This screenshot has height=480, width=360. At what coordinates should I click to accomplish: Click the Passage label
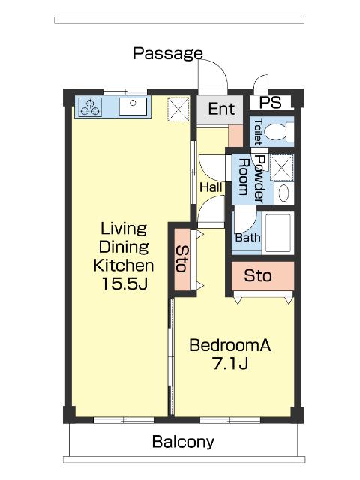168,54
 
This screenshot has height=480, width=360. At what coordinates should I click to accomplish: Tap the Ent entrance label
222,109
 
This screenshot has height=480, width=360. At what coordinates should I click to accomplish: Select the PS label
270,102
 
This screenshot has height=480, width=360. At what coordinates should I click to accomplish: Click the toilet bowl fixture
279,132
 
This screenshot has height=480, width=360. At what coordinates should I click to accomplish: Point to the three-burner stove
90,107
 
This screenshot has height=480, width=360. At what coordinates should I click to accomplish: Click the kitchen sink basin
133,106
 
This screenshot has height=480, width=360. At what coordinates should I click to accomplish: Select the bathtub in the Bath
278,233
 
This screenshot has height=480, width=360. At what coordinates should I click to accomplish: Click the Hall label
211,187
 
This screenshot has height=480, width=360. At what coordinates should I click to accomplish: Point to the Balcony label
183,442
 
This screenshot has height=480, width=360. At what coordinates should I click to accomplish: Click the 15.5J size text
124,283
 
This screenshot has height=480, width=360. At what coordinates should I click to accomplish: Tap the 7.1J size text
230,363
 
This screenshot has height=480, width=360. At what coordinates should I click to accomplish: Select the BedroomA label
230,345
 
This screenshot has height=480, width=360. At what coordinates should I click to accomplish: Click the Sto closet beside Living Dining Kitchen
182,259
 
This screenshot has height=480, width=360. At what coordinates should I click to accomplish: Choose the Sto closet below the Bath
262,275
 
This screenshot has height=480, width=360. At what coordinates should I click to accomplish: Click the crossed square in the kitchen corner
178,109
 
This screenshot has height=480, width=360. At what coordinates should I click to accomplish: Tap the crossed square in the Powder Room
282,167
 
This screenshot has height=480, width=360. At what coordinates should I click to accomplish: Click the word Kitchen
123,265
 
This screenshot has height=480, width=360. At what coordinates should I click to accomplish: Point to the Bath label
248,237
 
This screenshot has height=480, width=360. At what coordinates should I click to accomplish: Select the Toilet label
258,132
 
